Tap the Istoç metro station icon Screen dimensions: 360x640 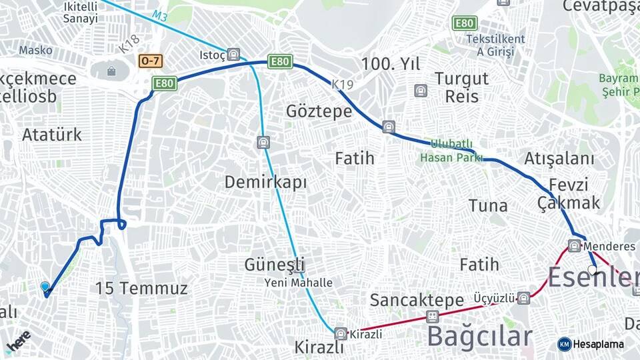(x=233, y=55)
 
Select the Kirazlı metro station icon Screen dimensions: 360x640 (x=341, y=333)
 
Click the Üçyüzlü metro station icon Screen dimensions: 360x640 (x=524, y=298)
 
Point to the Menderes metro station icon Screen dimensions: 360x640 (x=575, y=245)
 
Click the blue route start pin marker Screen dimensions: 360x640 (x=45, y=287)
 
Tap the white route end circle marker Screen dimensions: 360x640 (x=592, y=270)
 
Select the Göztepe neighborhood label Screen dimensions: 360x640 (x=319, y=111)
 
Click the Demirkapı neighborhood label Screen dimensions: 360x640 (x=265, y=181)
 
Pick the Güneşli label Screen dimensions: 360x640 (x=274, y=264)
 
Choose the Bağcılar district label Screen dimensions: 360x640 (x=479, y=336)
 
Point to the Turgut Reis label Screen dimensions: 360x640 (x=462, y=87)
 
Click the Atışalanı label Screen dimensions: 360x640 (x=559, y=159)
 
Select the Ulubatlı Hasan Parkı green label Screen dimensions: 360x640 (x=451, y=151)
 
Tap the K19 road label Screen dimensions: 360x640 (x=343, y=84)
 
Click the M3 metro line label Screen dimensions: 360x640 (x=159, y=15)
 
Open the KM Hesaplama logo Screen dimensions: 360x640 (x=591, y=344)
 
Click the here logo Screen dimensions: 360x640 (x=18, y=341)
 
